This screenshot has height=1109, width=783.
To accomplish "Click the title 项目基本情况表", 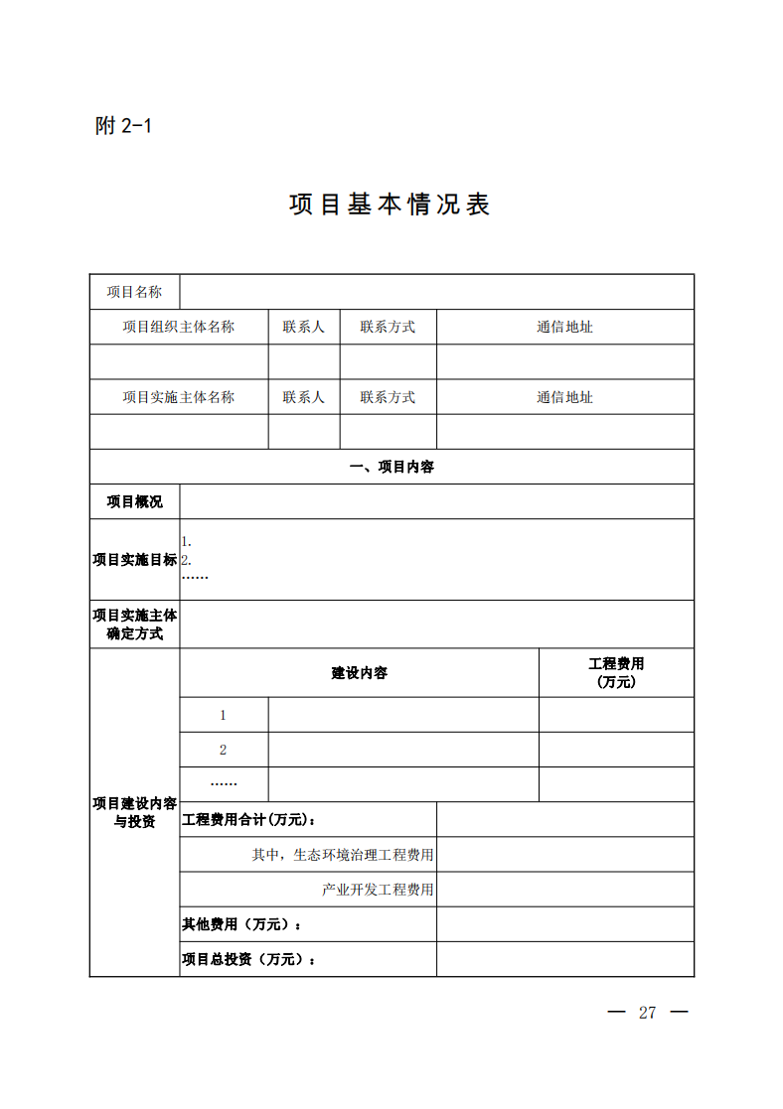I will [x=390, y=205].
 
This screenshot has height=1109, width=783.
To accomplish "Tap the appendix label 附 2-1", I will [x=123, y=126].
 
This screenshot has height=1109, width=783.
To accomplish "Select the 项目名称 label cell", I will [x=134, y=292].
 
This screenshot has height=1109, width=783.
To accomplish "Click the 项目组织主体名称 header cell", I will [x=179, y=327].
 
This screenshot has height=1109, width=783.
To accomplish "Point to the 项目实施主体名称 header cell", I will [x=179, y=397].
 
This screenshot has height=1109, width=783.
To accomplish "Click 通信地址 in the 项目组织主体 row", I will [x=564, y=327].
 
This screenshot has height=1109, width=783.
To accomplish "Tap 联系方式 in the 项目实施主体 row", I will [x=388, y=397].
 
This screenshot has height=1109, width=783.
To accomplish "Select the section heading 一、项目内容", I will [x=391, y=467].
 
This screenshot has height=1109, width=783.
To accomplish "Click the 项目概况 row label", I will [x=134, y=501].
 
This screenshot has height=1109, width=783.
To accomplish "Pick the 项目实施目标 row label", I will [x=134, y=560].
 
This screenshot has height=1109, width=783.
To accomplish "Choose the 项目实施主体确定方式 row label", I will [x=134, y=624].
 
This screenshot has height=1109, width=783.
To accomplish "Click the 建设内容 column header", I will [x=359, y=673].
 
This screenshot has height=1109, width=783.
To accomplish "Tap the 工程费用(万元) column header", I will [x=616, y=673].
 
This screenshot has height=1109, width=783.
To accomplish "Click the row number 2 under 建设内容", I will [x=224, y=750].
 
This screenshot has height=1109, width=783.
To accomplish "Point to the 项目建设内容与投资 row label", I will [x=134, y=812].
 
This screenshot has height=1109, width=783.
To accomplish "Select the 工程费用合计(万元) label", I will [x=249, y=820].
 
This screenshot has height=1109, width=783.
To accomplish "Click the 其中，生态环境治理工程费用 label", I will [x=343, y=855].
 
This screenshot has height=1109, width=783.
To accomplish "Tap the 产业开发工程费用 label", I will [x=378, y=890].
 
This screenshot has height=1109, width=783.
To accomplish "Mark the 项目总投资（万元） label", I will [x=249, y=960].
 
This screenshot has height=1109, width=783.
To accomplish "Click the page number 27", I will [x=648, y=1013].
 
